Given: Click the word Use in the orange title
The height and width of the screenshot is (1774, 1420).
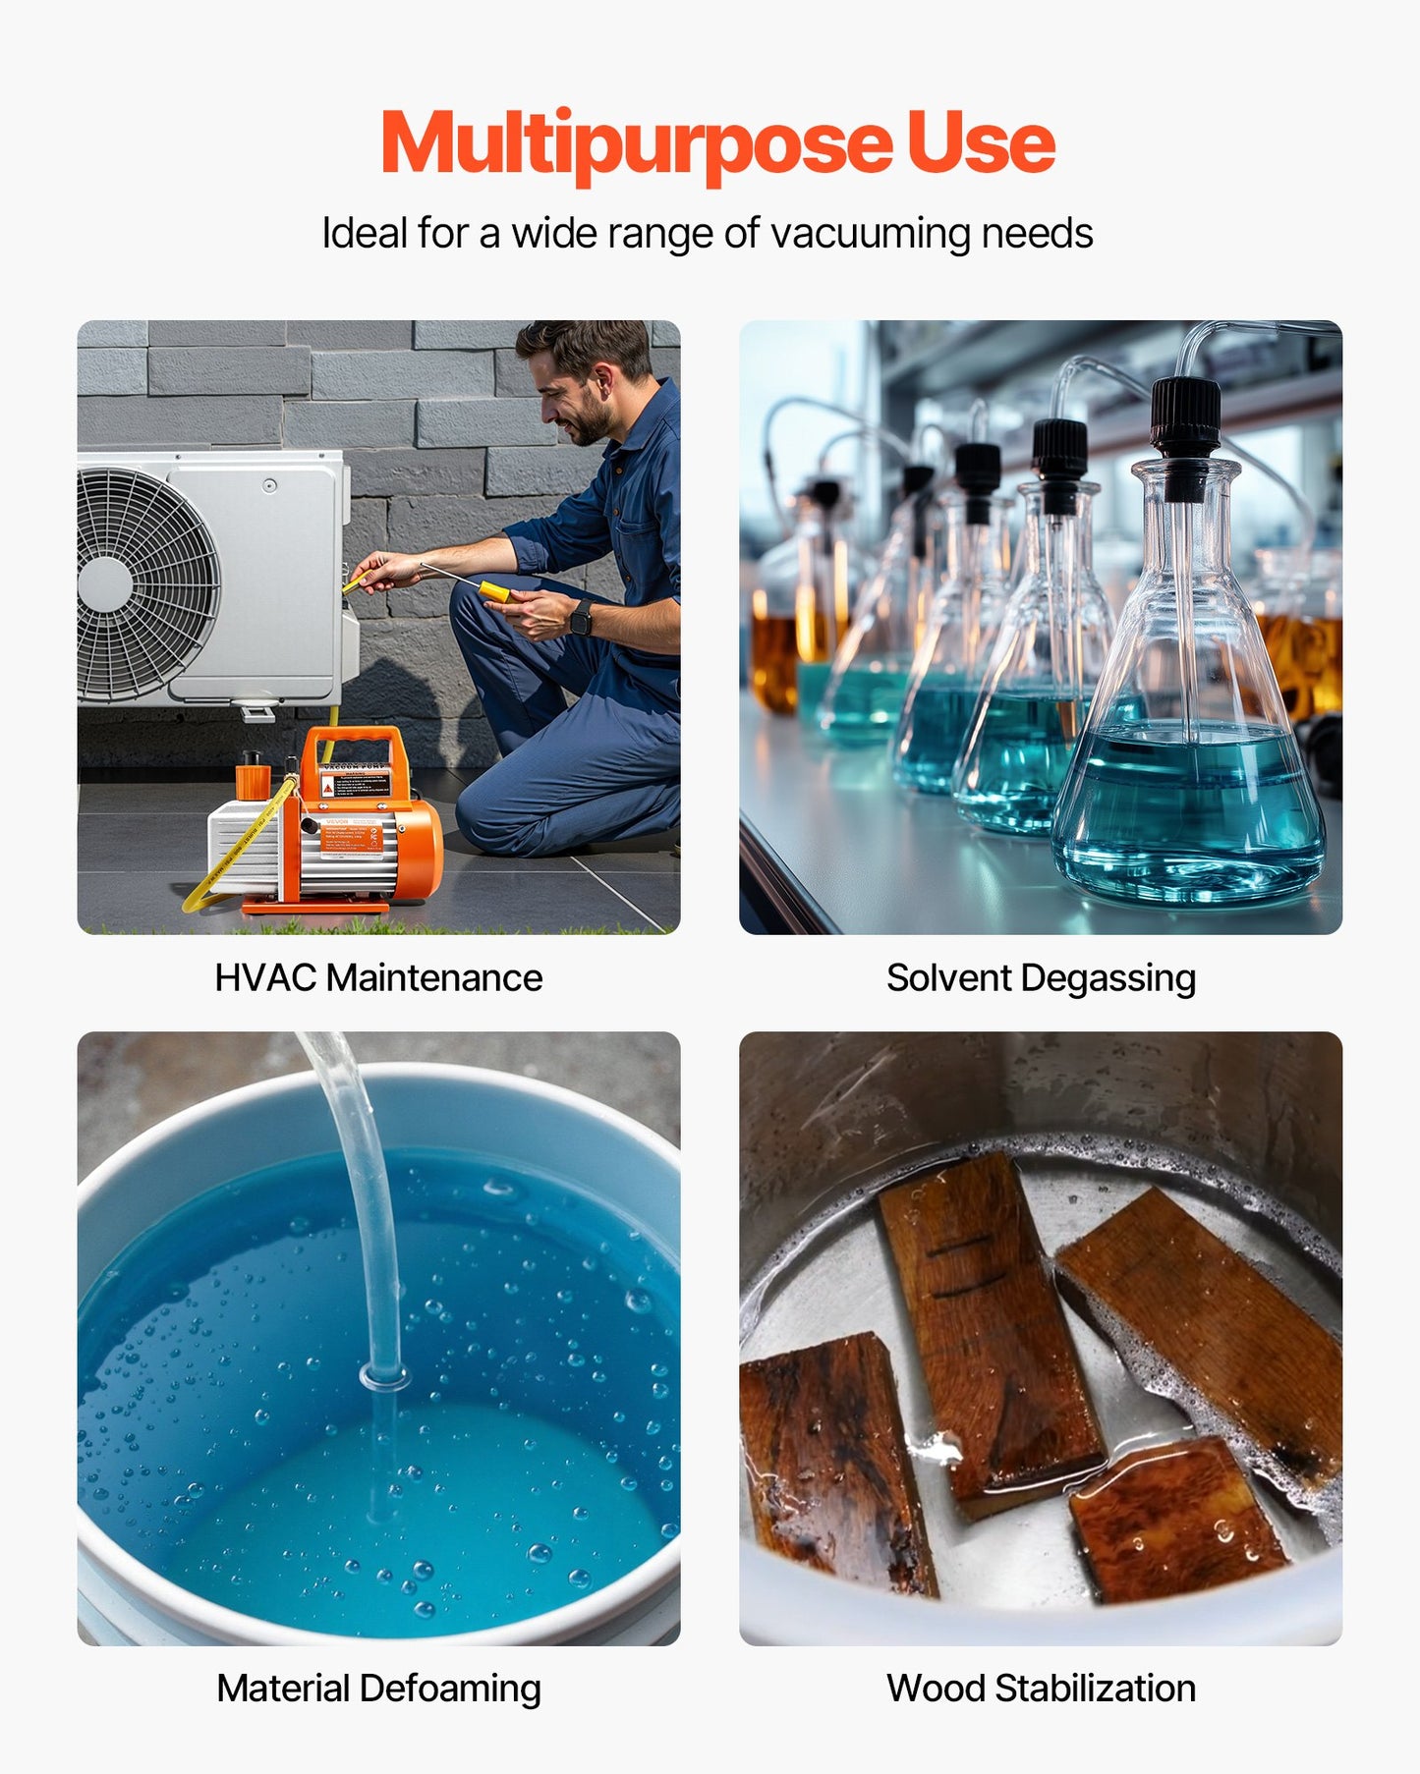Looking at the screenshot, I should point(980,144).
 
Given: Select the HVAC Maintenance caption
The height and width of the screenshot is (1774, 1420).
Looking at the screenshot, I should point(378,977).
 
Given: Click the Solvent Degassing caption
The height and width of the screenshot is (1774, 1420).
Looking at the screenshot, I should point(1041,977).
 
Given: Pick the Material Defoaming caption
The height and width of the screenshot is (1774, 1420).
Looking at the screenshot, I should point(378,1689).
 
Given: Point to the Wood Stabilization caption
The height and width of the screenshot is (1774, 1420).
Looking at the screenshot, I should point(1041,1689).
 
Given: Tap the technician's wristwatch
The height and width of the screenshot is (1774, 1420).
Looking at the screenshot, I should point(582,617).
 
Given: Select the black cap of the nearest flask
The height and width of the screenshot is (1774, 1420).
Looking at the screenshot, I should point(1185,417).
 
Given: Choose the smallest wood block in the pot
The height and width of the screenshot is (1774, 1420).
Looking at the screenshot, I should point(1174,1518).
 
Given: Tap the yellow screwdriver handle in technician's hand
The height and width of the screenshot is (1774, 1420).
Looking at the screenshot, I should point(493,591).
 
